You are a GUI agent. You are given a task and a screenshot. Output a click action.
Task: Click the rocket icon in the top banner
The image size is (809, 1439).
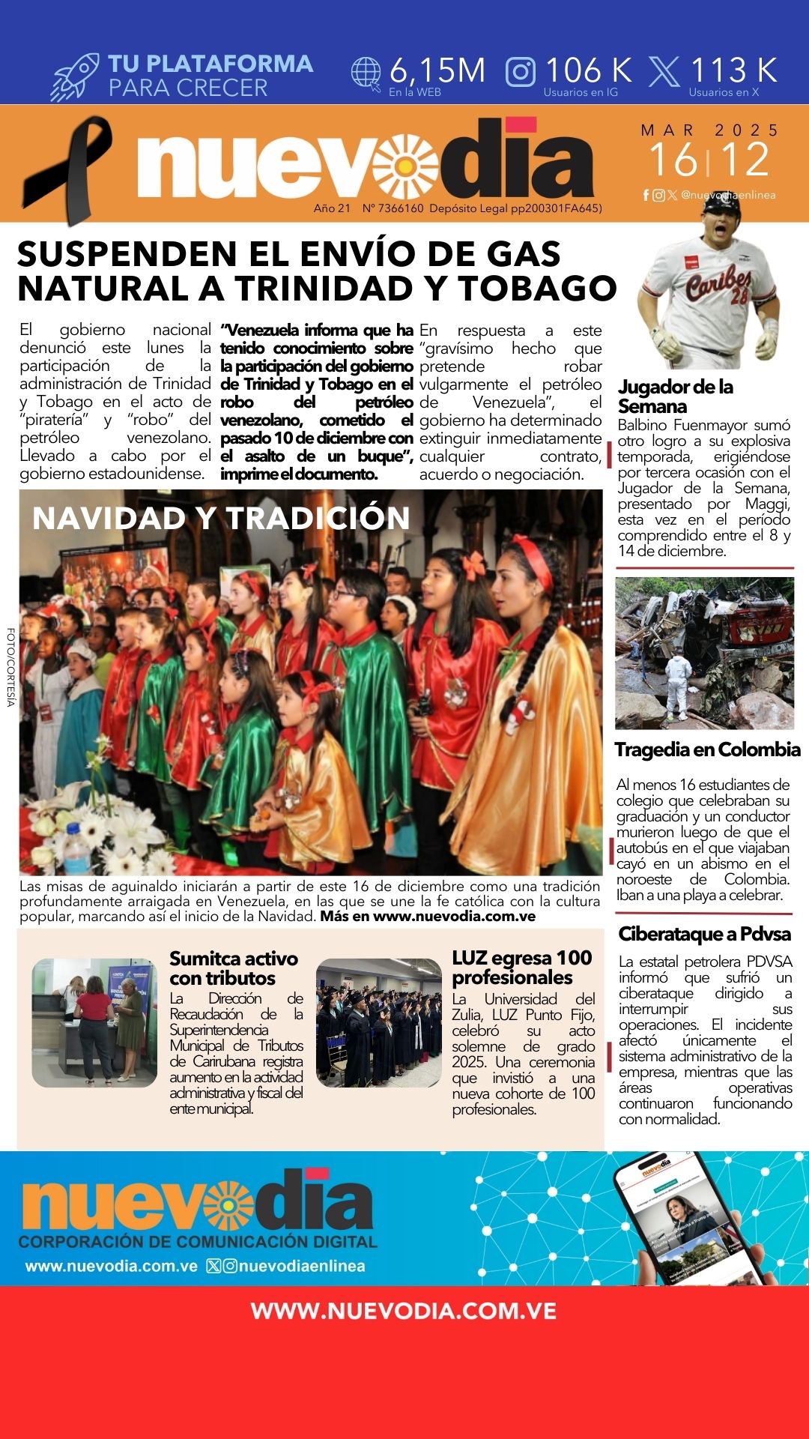pyautogui.click(x=75, y=76)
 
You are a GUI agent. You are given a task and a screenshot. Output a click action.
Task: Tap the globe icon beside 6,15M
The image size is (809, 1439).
pyautogui.click(x=366, y=73)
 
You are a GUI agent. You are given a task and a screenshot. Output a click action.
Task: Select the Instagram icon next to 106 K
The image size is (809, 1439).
pyautogui.click(x=521, y=72)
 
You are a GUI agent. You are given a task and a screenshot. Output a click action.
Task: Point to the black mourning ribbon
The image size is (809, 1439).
pyautogui.click(x=67, y=169)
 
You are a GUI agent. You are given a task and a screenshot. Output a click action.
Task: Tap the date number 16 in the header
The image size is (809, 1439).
pyautogui.click(x=672, y=160)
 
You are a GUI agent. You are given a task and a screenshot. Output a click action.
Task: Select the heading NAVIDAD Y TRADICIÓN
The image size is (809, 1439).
pyautogui.click(x=221, y=518)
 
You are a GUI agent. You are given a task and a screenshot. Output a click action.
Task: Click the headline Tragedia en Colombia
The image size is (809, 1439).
pyautogui.click(x=707, y=749)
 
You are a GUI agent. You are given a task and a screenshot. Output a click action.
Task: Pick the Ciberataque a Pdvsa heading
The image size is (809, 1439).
pyautogui.click(x=704, y=934)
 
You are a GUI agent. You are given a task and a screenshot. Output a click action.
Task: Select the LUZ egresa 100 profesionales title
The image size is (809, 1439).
pyautogui.click(x=521, y=968)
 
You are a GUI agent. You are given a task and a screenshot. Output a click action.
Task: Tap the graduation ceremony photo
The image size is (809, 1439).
pyautogui.click(x=378, y=1022)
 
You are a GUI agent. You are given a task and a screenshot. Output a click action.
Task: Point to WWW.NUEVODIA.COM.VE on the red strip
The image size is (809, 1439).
pyautogui.click(x=404, y=1311)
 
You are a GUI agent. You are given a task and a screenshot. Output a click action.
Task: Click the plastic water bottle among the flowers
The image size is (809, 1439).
pyautogui.click(x=76, y=848)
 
